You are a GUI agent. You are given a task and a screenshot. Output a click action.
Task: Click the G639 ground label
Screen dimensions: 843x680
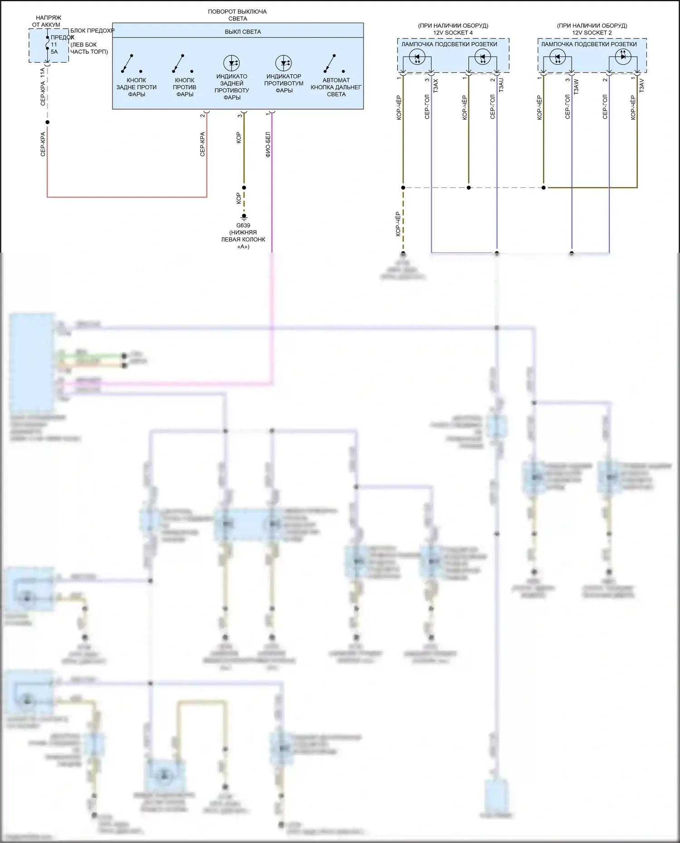(243, 226)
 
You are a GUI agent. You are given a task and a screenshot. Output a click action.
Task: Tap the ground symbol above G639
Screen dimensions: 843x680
(244, 217)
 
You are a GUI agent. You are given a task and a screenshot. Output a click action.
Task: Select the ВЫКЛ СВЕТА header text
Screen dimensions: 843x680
(243, 32)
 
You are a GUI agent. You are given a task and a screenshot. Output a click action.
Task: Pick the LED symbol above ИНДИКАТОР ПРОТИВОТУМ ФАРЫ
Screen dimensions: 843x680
(283, 63)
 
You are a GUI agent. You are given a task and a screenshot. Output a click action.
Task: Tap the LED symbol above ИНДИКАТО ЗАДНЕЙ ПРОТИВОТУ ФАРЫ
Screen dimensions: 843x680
(232, 63)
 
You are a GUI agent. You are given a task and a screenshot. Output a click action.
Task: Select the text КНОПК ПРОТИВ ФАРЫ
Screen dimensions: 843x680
(185, 87)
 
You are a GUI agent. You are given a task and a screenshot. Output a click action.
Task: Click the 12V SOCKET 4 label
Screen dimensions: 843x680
(452, 33)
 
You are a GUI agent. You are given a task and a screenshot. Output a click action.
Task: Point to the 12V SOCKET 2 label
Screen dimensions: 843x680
(592, 33)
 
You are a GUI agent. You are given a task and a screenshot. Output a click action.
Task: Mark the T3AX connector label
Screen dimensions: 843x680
(436, 86)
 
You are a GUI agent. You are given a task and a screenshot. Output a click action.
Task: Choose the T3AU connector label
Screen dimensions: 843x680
(501, 85)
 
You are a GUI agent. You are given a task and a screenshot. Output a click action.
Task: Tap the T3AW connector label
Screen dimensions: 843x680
(576, 86)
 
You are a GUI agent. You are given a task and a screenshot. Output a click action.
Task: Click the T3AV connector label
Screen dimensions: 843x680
(641, 86)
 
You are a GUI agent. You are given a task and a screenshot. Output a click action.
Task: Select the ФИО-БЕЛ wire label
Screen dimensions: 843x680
(268, 145)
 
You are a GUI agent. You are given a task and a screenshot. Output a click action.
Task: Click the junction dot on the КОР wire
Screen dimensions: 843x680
(244, 188)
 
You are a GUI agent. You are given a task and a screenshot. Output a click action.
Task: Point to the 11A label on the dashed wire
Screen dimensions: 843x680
(43, 74)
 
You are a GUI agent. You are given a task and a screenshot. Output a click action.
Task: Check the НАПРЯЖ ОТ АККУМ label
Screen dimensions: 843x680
(47, 21)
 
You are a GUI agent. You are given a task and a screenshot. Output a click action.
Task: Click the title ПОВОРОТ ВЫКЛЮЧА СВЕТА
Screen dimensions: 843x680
(237, 15)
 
